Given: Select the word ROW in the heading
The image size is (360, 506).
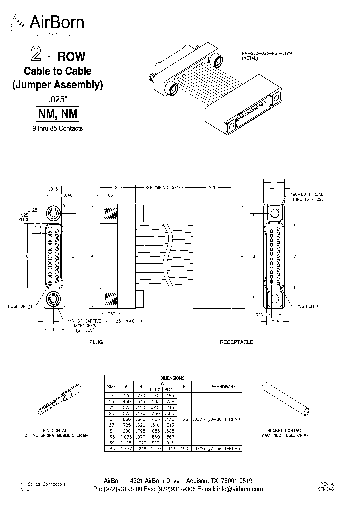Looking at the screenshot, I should (72, 56).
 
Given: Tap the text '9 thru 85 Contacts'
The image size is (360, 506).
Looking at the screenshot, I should (57, 128).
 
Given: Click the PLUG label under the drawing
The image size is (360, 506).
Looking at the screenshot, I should (96, 342).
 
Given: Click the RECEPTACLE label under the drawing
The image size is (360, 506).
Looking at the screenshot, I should (236, 342).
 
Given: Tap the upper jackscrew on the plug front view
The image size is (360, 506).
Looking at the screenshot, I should (53, 213).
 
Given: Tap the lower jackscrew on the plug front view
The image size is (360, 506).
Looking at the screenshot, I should (53, 299).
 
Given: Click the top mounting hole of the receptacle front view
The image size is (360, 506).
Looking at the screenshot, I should (275, 214).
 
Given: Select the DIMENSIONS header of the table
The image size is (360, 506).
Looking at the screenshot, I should (172, 378).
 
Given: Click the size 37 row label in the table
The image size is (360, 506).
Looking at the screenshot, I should (112, 423).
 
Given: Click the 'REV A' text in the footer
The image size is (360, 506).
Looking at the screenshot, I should (327, 484).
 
